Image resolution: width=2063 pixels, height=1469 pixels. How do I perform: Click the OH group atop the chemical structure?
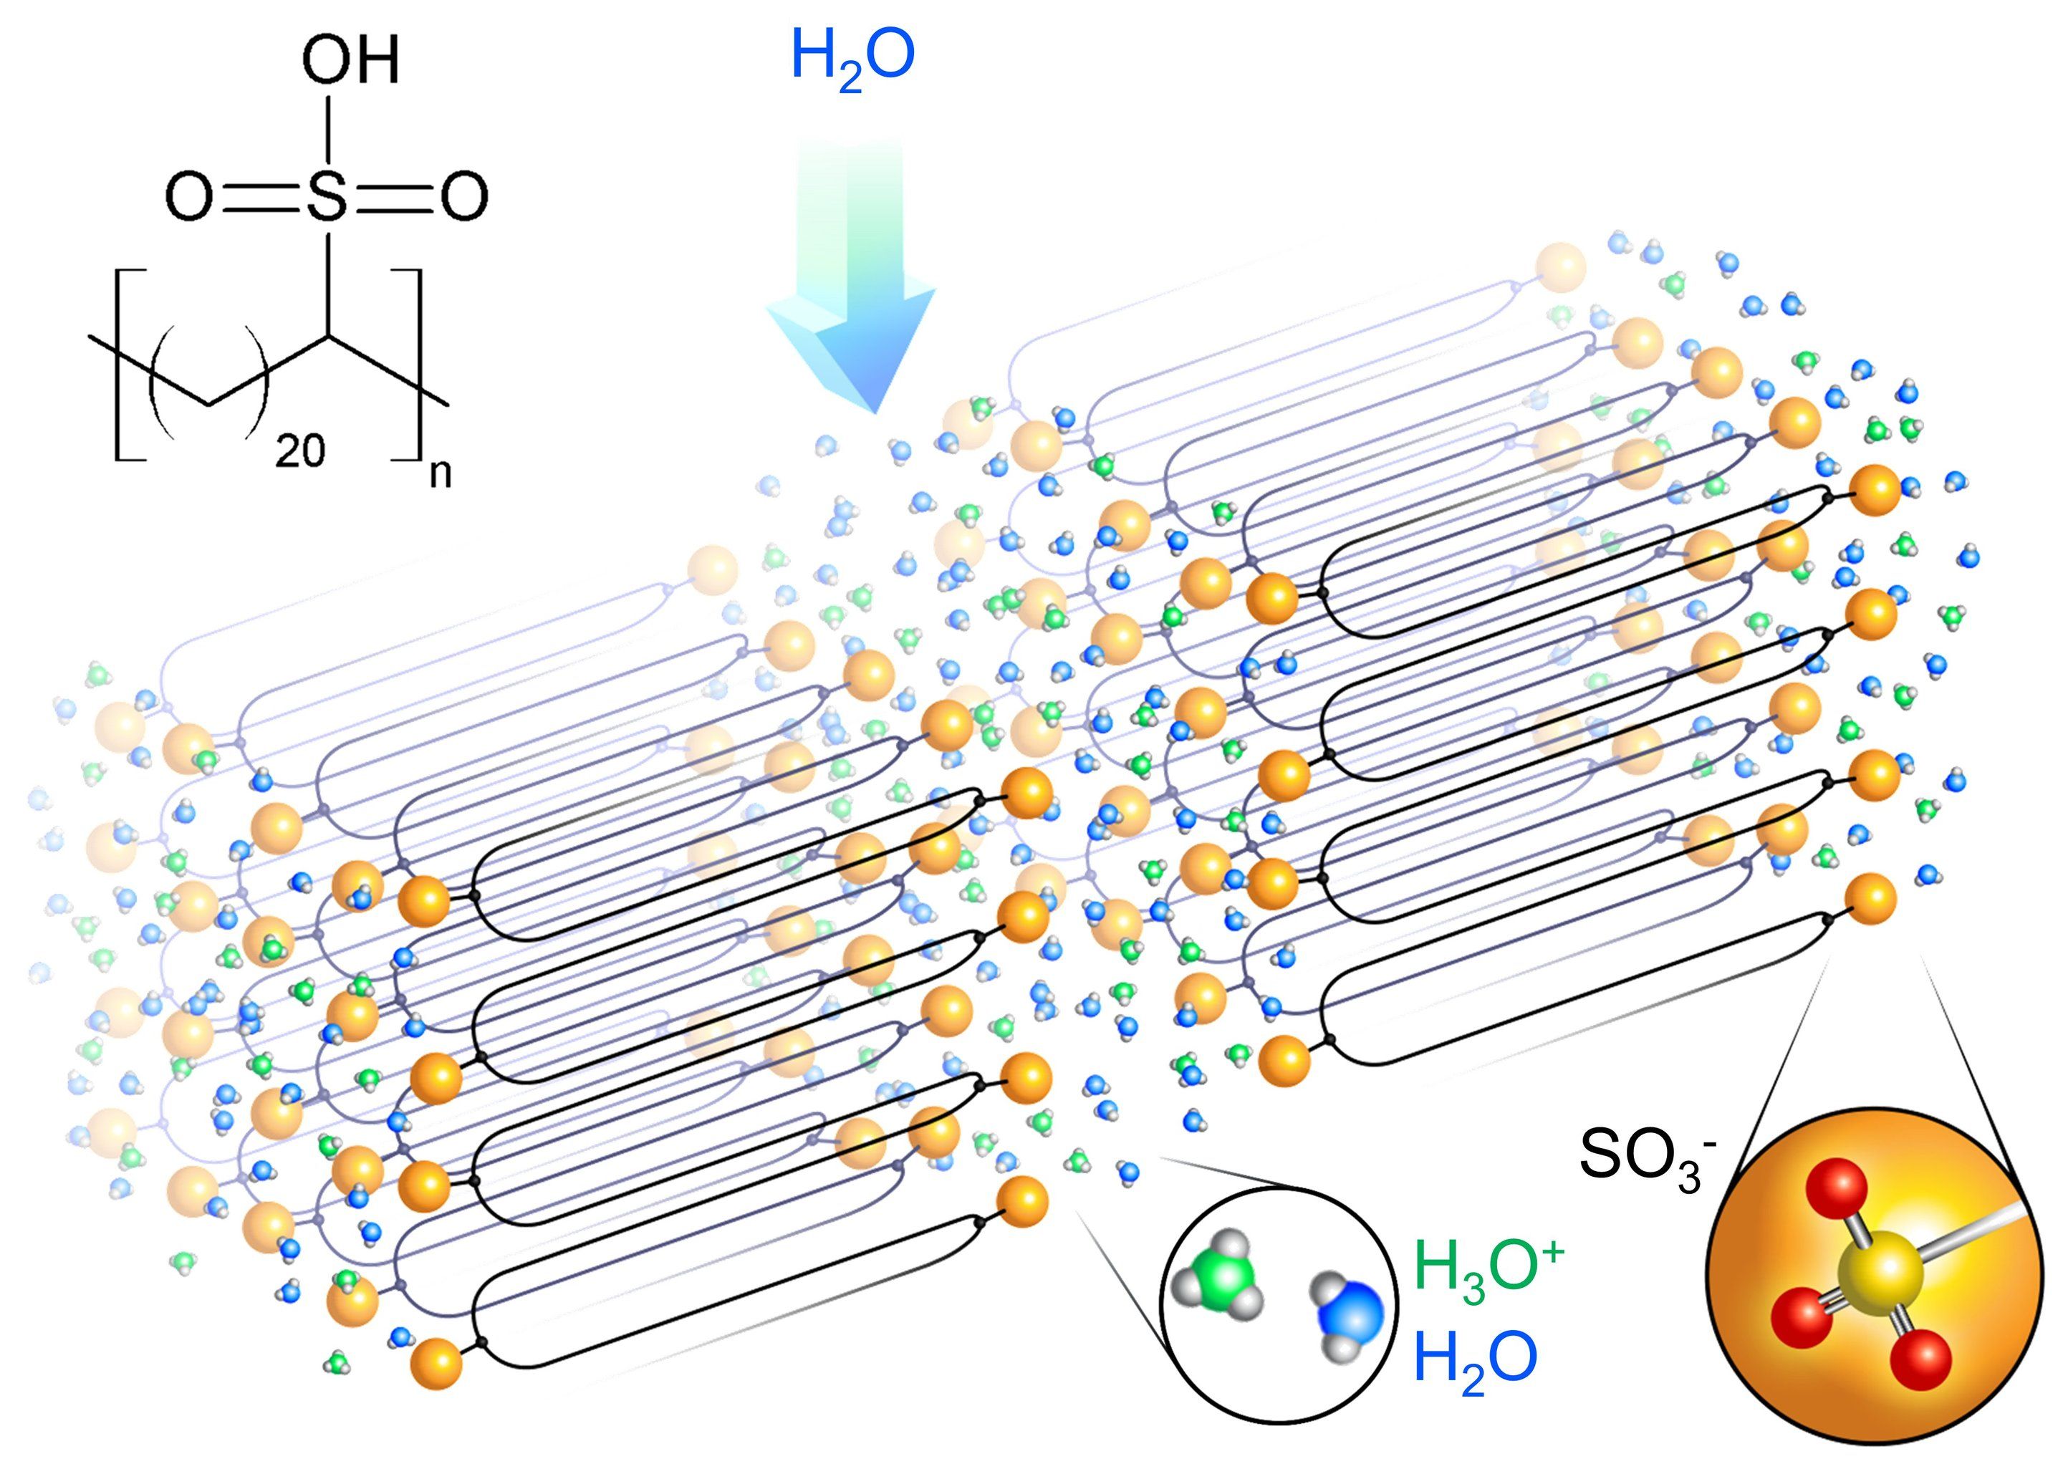tap(350, 62)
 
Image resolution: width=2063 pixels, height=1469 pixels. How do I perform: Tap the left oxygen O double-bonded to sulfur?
tap(188, 196)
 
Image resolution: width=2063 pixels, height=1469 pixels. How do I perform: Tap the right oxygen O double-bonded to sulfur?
tap(465, 196)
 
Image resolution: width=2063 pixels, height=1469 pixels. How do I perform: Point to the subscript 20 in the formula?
tap(299, 450)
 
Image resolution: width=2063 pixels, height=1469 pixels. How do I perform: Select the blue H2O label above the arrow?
tap(852, 56)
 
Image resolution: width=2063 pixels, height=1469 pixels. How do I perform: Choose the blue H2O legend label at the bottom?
tap(1474, 1359)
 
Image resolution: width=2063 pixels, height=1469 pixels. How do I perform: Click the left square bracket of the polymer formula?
tap(121, 365)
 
